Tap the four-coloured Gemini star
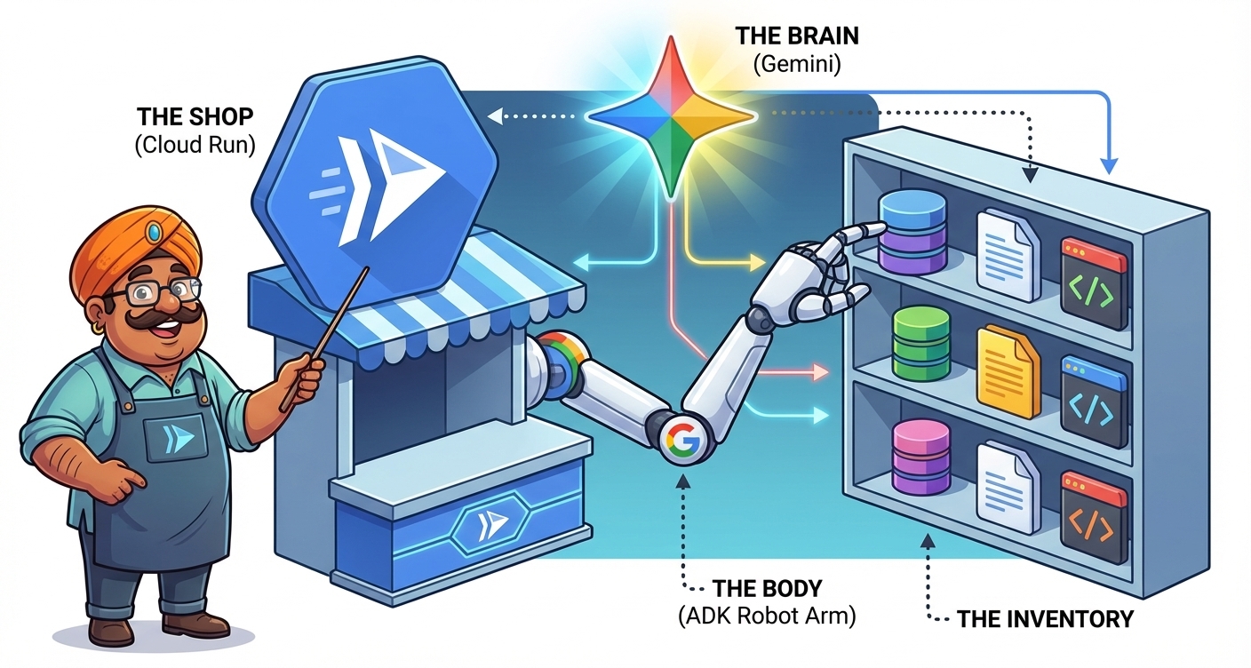tap(672, 115)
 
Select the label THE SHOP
tap(195, 117)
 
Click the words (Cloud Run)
tap(195, 146)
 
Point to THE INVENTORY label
tap(1045, 618)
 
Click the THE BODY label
tap(767, 588)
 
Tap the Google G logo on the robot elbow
tap(681, 438)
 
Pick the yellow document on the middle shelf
tap(1008, 370)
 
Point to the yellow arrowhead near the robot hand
tap(756, 263)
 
